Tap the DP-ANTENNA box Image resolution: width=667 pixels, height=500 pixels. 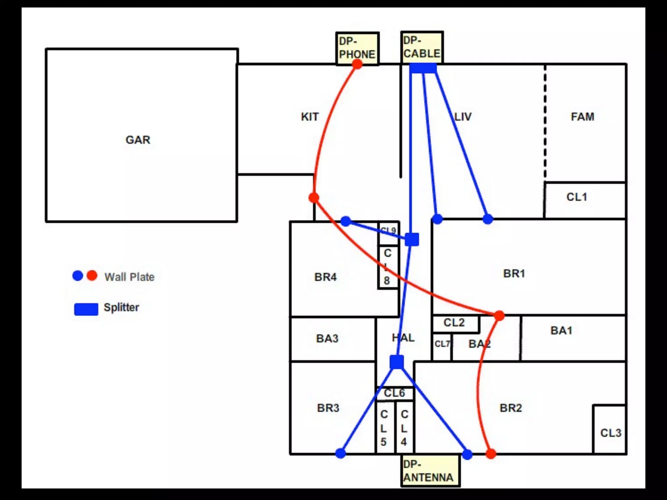pyautogui.click(x=430, y=471)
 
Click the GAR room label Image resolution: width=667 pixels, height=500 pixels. pyautogui.click(x=138, y=140)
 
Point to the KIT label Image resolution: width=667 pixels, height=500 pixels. pyautogui.click(x=309, y=117)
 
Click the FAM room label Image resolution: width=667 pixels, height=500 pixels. pyautogui.click(x=582, y=117)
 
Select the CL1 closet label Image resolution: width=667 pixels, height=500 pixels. pyautogui.click(x=576, y=197)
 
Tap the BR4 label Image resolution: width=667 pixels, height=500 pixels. pyautogui.click(x=325, y=277)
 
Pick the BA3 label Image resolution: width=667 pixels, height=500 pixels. pyautogui.click(x=327, y=339)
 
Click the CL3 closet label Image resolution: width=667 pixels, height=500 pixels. pyautogui.click(x=611, y=433)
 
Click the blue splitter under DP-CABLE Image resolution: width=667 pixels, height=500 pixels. pyautogui.click(x=423, y=68)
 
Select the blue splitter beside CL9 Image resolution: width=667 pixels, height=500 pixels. pyautogui.click(x=412, y=240)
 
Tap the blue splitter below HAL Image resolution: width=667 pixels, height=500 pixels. pyautogui.click(x=397, y=362)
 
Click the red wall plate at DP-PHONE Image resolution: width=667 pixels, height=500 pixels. pyautogui.click(x=357, y=64)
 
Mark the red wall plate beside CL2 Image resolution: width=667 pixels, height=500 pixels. pyautogui.click(x=499, y=315)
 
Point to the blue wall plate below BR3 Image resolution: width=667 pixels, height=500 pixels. pyautogui.click(x=340, y=453)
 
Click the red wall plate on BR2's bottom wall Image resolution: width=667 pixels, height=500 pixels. pyautogui.click(x=491, y=453)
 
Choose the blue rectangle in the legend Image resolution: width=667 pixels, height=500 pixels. pyautogui.click(x=86, y=309)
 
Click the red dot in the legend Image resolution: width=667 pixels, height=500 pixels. pyautogui.click(x=92, y=275)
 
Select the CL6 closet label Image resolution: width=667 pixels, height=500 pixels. pyautogui.click(x=394, y=393)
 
